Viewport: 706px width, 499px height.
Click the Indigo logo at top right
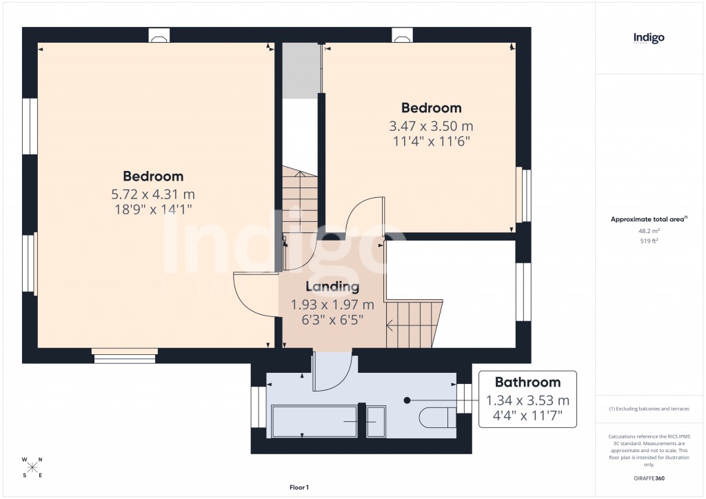pos(649,39)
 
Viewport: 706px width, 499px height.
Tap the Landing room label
pos(333,287)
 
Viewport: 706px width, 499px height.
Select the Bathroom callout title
pos(528,383)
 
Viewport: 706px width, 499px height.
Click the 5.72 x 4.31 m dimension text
pos(153,194)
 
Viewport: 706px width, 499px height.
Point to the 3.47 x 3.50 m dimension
pos(432,126)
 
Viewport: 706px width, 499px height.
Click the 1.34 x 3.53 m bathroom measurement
pos(528,400)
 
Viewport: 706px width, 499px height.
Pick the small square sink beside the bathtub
pos(376,421)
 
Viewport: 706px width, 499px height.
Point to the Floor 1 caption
pos(299,487)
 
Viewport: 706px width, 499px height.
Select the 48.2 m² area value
pos(648,232)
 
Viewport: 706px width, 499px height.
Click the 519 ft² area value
pos(648,241)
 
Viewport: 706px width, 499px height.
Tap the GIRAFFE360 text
pos(649,478)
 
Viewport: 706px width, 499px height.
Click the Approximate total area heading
pos(648,219)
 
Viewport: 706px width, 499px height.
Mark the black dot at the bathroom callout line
pos(407,400)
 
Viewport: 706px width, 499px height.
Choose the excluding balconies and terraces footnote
pos(649,409)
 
